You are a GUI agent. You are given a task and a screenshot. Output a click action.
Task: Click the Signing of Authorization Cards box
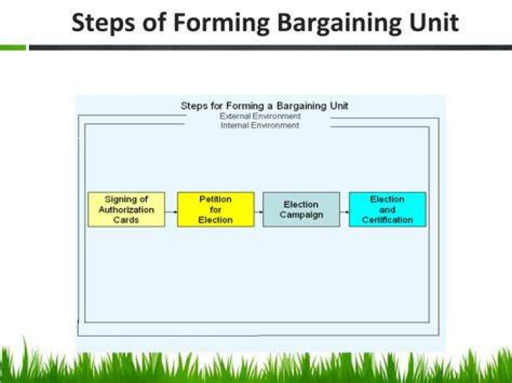127,210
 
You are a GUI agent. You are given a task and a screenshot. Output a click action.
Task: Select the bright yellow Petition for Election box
216,210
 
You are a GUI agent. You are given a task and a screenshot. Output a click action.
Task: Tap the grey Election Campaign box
302,210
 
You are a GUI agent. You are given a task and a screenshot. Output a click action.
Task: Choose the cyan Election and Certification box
388,210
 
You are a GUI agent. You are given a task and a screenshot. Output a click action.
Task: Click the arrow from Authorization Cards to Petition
171,212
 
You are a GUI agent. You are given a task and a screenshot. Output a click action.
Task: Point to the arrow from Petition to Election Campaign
259,212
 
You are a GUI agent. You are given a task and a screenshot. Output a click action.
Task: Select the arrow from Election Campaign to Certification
344,212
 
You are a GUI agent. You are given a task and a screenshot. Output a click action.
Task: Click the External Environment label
260,116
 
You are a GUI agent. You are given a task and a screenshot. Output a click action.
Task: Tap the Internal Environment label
260,125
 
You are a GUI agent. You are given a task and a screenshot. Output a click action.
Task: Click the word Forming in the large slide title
222,23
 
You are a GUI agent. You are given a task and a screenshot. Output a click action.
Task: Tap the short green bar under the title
13,48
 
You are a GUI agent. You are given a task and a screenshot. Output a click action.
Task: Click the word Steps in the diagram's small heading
195,106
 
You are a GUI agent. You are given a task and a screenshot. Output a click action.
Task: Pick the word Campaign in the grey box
302,215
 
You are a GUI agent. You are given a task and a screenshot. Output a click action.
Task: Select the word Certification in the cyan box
388,220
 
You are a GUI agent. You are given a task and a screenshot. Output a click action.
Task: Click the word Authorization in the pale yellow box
127,210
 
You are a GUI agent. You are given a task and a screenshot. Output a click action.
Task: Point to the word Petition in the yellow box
215,199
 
